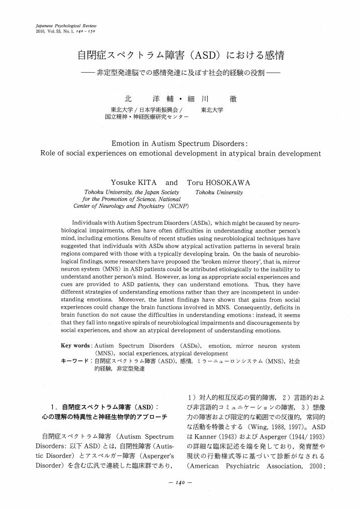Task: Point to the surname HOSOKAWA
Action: point(229,182)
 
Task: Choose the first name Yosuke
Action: point(123,182)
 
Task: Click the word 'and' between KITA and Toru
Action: point(172,182)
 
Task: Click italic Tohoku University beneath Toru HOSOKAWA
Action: point(219,192)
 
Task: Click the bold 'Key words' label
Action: point(75,346)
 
